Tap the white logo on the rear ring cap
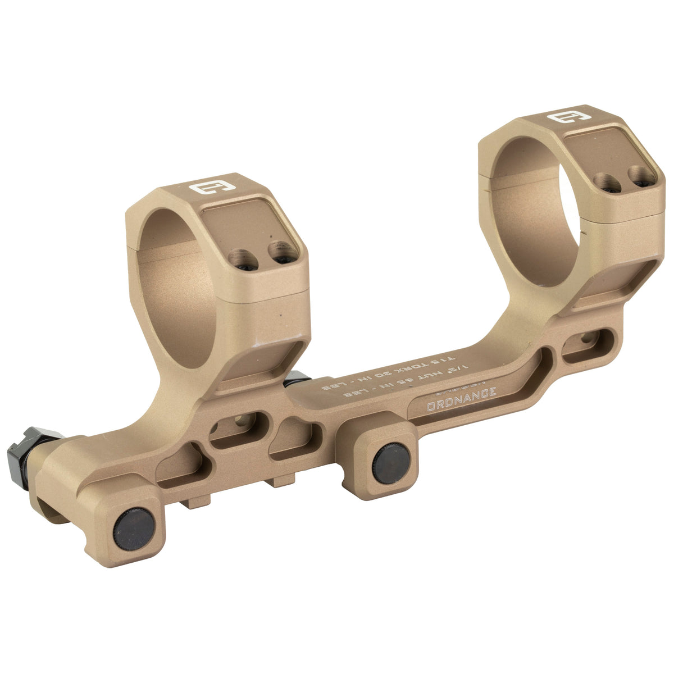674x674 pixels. click(x=563, y=117)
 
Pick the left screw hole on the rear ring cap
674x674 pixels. click(x=605, y=183)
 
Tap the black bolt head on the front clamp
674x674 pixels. click(x=134, y=529)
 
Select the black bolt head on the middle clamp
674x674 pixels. click(x=392, y=462)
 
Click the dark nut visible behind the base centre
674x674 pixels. click(x=297, y=380)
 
